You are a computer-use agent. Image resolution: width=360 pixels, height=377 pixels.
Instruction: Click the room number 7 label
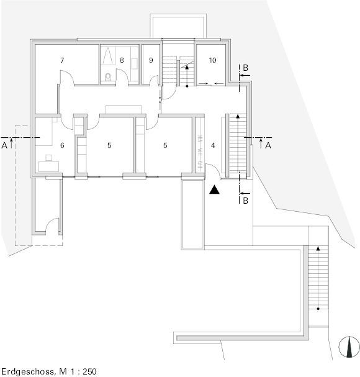pos(62,60)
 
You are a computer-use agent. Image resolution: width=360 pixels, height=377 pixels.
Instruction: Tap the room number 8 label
pos(122,60)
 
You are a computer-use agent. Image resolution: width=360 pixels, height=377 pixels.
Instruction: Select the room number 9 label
pos(151,60)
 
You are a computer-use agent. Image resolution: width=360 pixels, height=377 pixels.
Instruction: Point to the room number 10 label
pos(213,60)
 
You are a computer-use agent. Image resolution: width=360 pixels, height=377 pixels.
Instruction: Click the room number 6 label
pos(62,145)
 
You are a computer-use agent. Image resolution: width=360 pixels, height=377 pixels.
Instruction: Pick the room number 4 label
pos(213,145)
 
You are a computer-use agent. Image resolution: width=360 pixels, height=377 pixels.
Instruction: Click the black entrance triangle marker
pos(214,189)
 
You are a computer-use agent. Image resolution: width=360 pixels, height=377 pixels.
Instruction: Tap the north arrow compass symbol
pos(349,347)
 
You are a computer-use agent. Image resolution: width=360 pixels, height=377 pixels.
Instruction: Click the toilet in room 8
pos(108,76)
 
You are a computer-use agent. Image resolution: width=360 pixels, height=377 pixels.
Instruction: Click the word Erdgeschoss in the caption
pos(28,371)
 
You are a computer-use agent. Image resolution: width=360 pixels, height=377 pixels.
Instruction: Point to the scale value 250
pos(89,371)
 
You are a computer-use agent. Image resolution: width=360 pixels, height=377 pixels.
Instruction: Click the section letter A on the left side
pos(4,145)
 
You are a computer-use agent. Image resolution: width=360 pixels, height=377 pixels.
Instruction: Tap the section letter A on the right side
pos(268,145)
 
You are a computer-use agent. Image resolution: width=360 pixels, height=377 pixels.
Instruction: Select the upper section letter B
pos(245,68)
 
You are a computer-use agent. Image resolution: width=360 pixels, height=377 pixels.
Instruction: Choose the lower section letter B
pos(245,200)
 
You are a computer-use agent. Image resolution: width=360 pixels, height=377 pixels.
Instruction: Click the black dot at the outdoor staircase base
pos(318,309)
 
